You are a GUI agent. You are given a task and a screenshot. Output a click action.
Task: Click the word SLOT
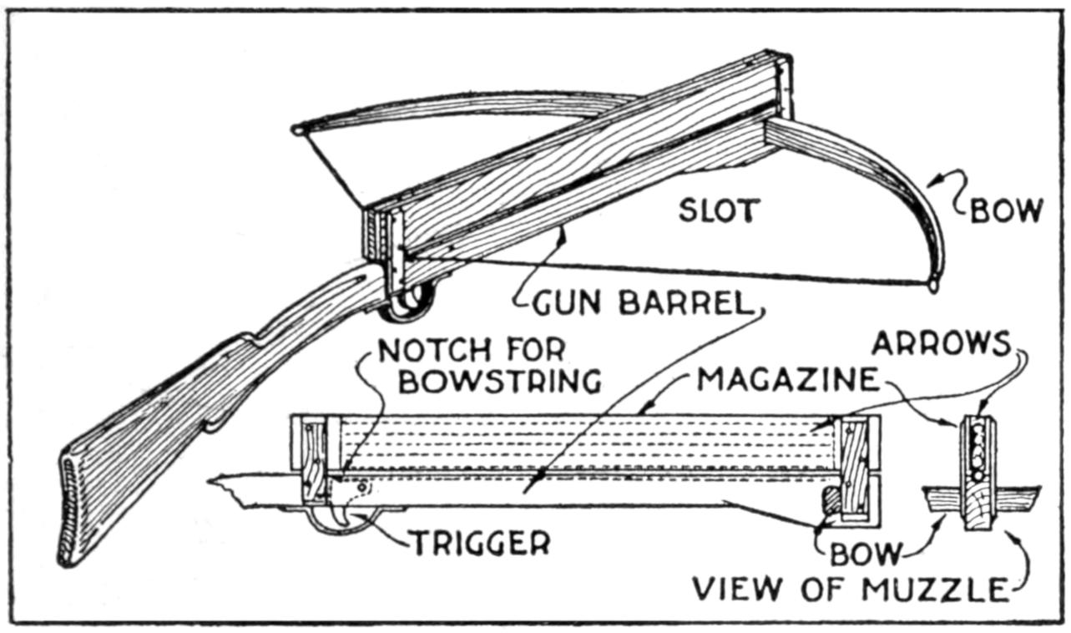719,210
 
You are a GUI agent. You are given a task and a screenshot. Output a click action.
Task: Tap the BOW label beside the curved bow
1007,211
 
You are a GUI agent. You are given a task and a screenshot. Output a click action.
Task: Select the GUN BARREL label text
639,304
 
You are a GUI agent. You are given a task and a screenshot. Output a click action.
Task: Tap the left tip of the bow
297,130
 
